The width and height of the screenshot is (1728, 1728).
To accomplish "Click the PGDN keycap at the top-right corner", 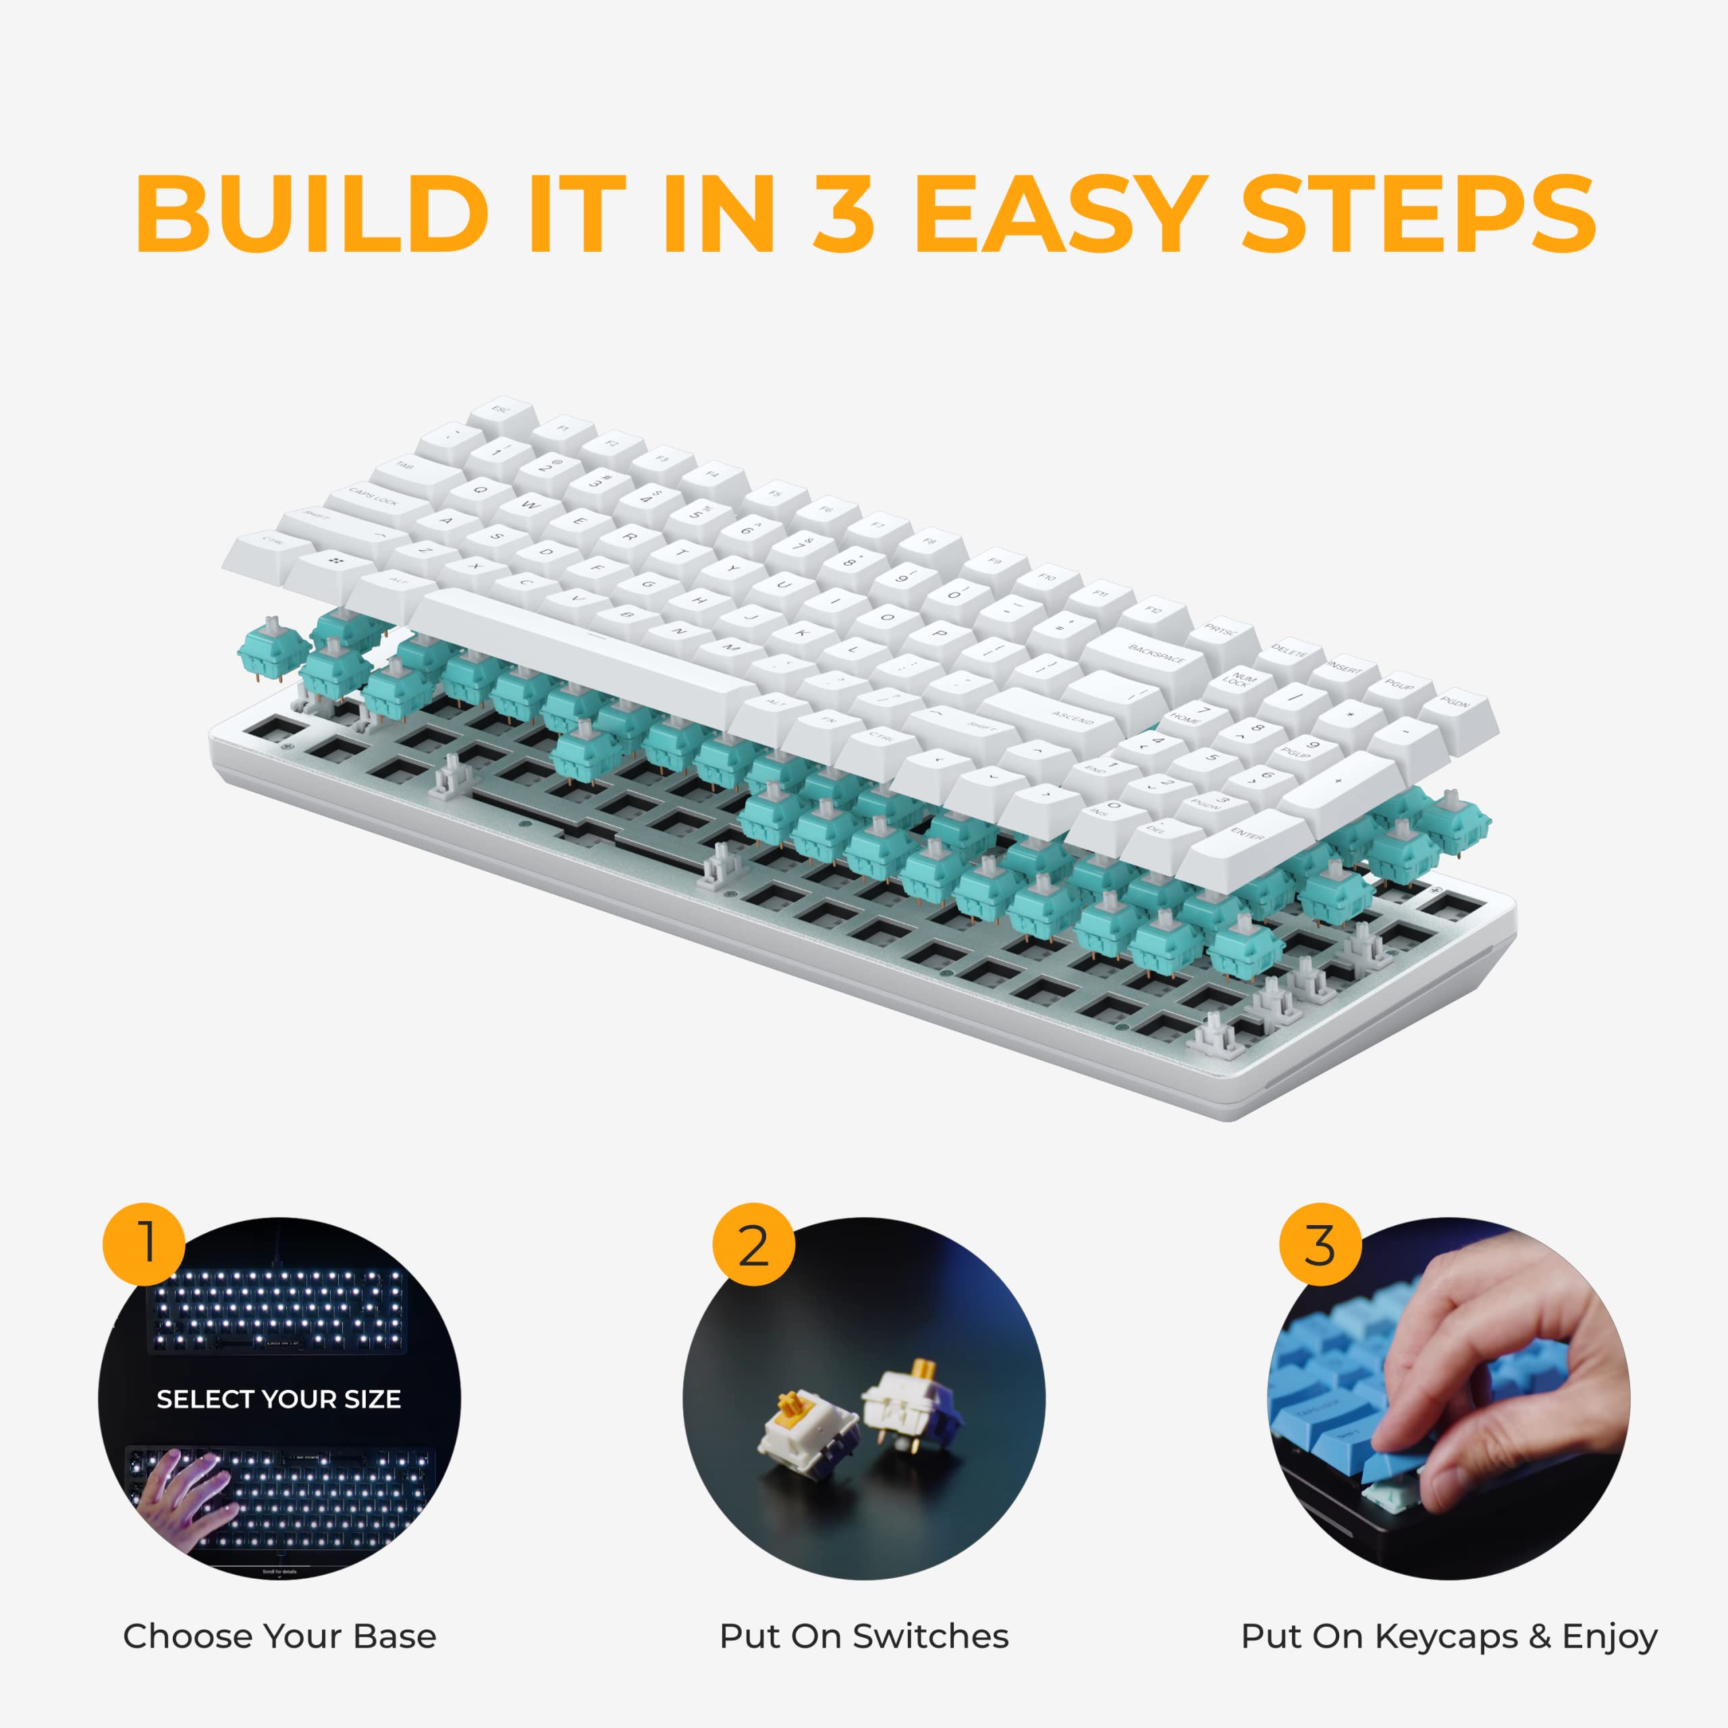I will pyautogui.click(x=1455, y=705).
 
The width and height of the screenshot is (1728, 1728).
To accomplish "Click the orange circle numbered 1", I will pyautogui.click(x=144, y=1244).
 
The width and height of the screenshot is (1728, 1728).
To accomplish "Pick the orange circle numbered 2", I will pyautogui.click(x=753, y=1244).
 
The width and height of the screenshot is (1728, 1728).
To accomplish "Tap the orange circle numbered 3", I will pyautogui.click(x=1319, y=1244).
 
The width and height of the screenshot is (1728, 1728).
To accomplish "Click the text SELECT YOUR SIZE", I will pyautogui.click(x=278, y=1399).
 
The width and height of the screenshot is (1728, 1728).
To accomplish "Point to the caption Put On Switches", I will pyautogui.click(x=863, y=1636).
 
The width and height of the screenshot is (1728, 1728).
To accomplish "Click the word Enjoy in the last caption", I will pyautogui.click(x=1609, y=1636).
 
